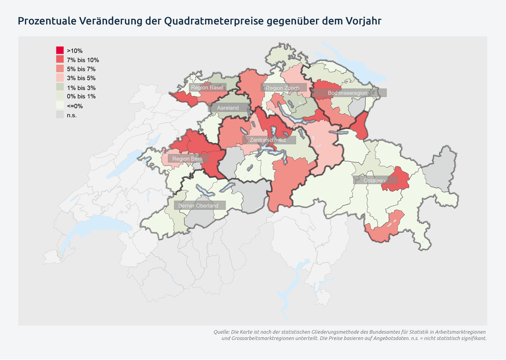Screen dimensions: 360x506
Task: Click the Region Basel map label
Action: point(207,88)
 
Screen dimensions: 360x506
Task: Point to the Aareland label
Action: point(228,108)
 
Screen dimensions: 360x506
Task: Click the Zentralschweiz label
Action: point(268,140)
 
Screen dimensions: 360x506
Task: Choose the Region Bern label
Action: point(187,159)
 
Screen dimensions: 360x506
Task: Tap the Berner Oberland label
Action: point(198,206)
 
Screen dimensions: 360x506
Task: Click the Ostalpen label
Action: point(374,181)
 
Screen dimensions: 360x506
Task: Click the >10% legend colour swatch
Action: point(60,51)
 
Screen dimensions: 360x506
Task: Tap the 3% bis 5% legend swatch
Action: point(60,78)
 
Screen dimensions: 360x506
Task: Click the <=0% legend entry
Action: point(74,106)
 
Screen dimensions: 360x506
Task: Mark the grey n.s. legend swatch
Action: point(60,115)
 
